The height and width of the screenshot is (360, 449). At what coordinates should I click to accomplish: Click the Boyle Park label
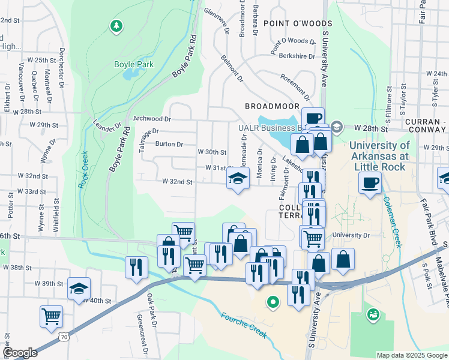[x=134, y=64]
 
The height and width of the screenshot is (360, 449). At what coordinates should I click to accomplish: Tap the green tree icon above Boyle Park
[x=116, y=26]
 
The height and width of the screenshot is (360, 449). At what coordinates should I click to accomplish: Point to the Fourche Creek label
[x=243, y=325]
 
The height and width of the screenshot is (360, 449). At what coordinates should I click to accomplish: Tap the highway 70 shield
[x=63, y=338]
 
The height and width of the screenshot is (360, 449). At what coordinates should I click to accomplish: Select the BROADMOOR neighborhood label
[x=272, y=106]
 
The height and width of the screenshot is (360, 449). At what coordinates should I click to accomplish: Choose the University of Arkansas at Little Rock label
[x=380, y=156]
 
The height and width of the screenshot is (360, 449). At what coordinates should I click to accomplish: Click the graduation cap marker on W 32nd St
[x=238, y=178]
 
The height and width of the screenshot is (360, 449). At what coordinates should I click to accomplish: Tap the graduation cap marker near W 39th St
[x=79, y=288]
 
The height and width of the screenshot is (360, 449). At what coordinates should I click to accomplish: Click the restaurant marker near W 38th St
[x=136, y=266]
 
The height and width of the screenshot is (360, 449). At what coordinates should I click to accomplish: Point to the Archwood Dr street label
[x=152, y=119]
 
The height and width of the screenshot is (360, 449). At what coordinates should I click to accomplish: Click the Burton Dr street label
[x=169, y=144]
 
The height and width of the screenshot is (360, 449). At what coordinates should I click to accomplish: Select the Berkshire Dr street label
[x=297, y=56]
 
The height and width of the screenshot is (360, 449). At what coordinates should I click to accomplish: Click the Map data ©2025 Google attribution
[x=412, y=355]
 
